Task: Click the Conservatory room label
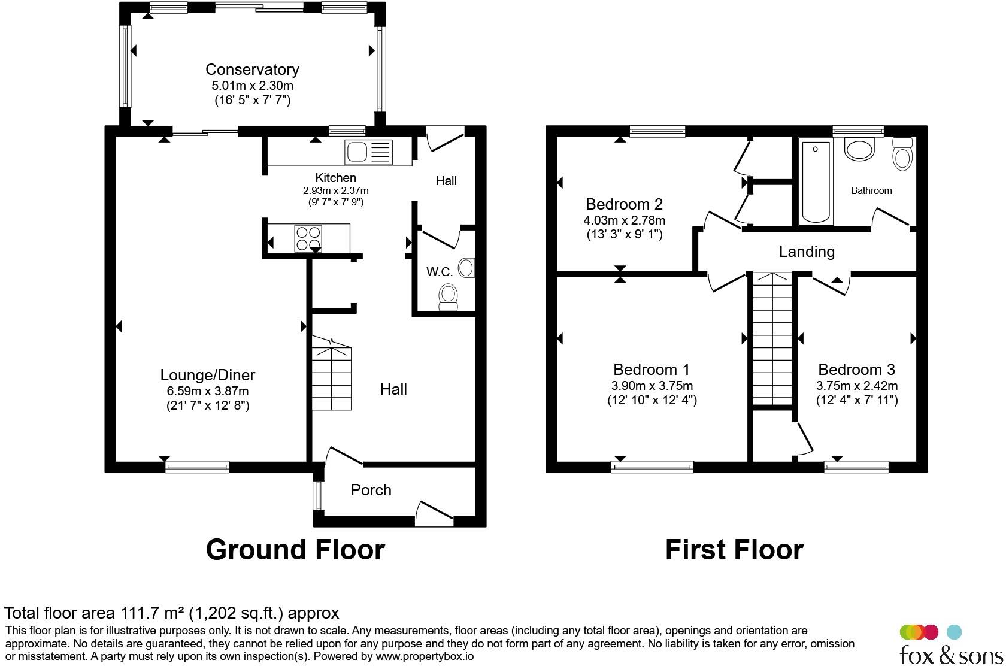pyautogui.click(x=252, y=69)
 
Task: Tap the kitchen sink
pyautogui.click(x=368, y=152)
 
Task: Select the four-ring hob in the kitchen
pyautogui.click(x=308, y=238)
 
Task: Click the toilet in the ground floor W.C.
pyautogui.click(x=448, y=297)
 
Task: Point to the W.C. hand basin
pyautogui.click(x=468, y=268)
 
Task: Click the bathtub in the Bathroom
pyautogui.click(x=815, y=181)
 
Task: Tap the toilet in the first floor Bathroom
pyautogui.click(x=902, y=153)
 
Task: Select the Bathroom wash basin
pyautogui.click(x=860, y=149)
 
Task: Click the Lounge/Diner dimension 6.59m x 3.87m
pyautogui.click(x=207, y=391)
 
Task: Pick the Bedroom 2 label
pyautogui.click(x=624, y=204)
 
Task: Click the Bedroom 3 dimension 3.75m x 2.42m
pyautogui.click(x=857, y=386)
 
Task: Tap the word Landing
pyautogui.click(x=807, y=252)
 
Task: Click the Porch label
pyautogui.click(x=371, y=489)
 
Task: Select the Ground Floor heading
pyautogui.click(x=295, y=550)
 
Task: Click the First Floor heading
pyautogui.click(x=734, y=550)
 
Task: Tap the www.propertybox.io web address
pyautogui.click(x=425, y=656)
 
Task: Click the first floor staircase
pyautogui.click(x=772, y=340)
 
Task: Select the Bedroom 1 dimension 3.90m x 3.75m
pyautogui.click(x=652, y=386)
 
